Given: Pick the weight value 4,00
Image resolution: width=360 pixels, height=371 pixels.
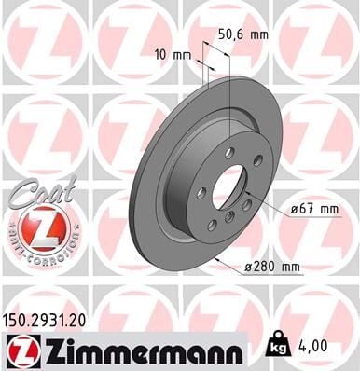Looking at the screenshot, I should pyautogui.click(x=319, y=347).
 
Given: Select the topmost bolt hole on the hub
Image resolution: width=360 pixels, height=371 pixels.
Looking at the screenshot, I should pyautogui.click(x=229, y=152).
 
